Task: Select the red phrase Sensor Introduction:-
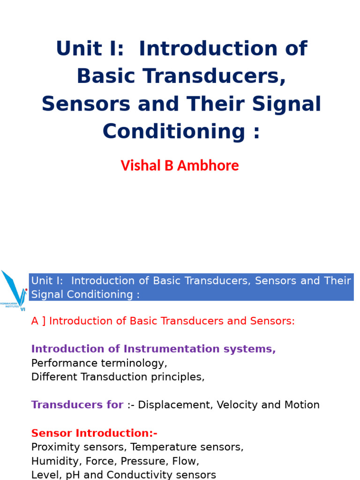94,433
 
